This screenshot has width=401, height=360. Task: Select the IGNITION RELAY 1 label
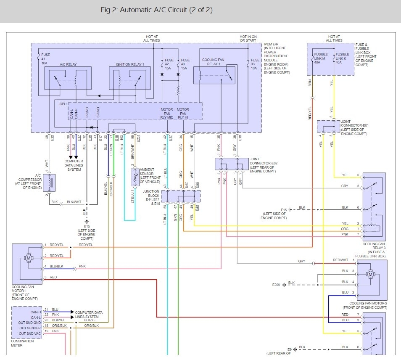click(130, 64)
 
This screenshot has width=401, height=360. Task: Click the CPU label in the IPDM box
click(63, 103)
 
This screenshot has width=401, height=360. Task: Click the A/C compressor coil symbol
click(50, 181)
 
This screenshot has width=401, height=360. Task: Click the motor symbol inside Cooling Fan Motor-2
click(370, 274)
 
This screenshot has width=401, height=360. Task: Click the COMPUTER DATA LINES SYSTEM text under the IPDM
click(74, 165)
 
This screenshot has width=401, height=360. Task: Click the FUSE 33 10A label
click(255, 64)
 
